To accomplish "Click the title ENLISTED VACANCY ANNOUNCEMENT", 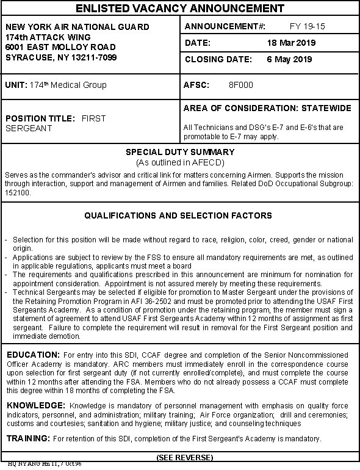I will pyautogui.click(x=179, y=9).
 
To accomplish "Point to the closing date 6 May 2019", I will pyautogui.click(x=289, y=60).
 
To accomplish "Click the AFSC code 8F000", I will pyautogui.click(x=240, y=85).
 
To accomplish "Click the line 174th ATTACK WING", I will pyautogui.click(x=43, y=37).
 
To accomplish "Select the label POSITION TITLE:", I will pyautogui.click(x=40, y=118).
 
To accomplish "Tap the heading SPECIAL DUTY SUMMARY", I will pyautogui.click(x=179, y=152).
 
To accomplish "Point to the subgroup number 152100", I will pyautogui.click(x=17, y=192).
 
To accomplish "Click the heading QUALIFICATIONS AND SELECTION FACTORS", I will pyautogui.click(x=178, y=216).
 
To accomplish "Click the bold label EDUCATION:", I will pyautogui.click(x=32, y=355).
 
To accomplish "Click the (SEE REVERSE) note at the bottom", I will pyautogui.click(x=185, y=458).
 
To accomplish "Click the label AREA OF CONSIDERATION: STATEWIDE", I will pyautogui.click(x=267, y=109).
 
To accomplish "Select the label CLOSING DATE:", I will pyautogui.click(x=218, y=60).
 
